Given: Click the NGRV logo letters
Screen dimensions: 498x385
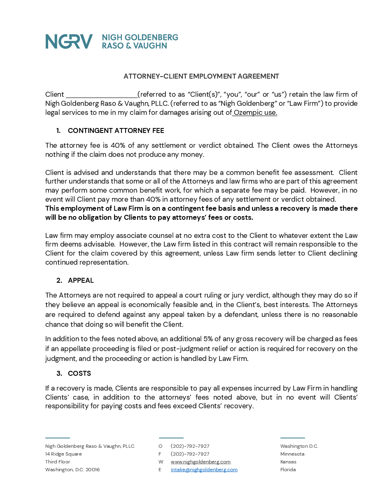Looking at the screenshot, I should click(69, 42).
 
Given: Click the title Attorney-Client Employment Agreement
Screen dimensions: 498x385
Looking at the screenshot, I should click(201, 76).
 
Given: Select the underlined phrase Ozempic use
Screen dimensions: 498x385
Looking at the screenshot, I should click(255, 112).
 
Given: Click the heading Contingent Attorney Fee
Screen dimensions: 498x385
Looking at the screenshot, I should click(116, 130).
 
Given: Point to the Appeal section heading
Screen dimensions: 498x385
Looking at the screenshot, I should click(81, 280).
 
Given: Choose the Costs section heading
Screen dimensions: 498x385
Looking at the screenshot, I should click(79, 373).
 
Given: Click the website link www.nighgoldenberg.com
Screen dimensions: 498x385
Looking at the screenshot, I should click(201, 462).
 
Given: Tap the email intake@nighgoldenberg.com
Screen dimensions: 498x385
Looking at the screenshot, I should click(204, 470).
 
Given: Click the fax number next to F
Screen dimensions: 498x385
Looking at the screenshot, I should click(190, 454).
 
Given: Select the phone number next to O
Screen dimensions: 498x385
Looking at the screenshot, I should click(190, 446).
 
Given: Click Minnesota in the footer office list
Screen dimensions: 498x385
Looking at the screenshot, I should click(292, 454).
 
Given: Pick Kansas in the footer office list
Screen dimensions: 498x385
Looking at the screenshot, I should click(288, 462).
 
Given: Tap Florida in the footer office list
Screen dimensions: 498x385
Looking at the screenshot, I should click(288, 470).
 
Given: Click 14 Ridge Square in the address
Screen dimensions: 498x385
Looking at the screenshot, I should click(63, 454).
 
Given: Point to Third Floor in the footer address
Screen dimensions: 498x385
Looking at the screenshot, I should click(58, 462).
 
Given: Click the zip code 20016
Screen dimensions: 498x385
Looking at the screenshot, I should click(93, 470).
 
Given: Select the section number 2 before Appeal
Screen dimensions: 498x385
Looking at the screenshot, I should click(59, 280).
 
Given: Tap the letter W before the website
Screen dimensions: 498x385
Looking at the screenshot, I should click(161, 462).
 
